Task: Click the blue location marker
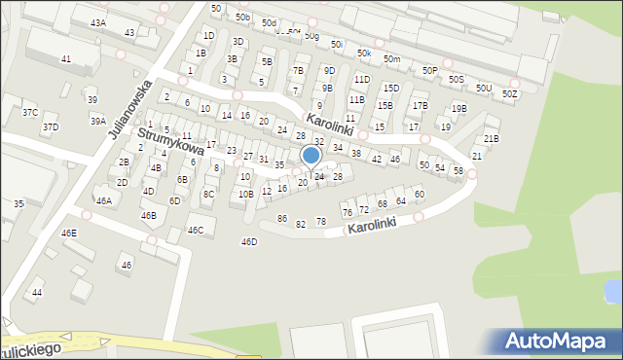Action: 311,156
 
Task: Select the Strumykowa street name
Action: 170,142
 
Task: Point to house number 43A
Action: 98,22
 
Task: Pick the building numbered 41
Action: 66,59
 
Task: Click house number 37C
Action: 29,113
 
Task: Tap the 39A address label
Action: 98,121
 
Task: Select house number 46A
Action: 104,200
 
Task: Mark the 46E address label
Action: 69,234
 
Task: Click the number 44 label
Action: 37,292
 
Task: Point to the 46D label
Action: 249,241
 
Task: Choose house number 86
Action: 282,219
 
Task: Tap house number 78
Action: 321,222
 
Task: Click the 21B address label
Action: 492,138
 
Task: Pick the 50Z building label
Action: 510,94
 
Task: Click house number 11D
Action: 362,79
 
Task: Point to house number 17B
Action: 420,105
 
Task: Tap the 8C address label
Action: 208,195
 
